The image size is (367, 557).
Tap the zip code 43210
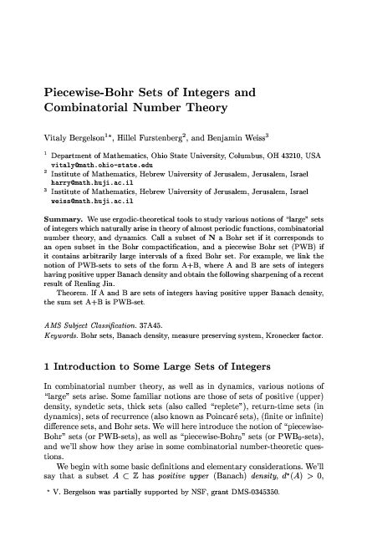point(297,156)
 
